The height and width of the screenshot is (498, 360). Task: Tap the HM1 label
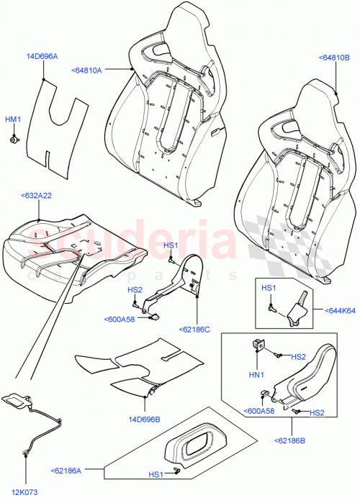click(13, 119)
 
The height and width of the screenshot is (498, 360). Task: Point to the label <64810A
click(87, 70)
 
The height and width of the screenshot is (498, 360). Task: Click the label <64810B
click(333, 58)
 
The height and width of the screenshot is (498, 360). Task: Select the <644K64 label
click(338, 309)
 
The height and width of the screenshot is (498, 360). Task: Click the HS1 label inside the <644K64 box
click(268, 288)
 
